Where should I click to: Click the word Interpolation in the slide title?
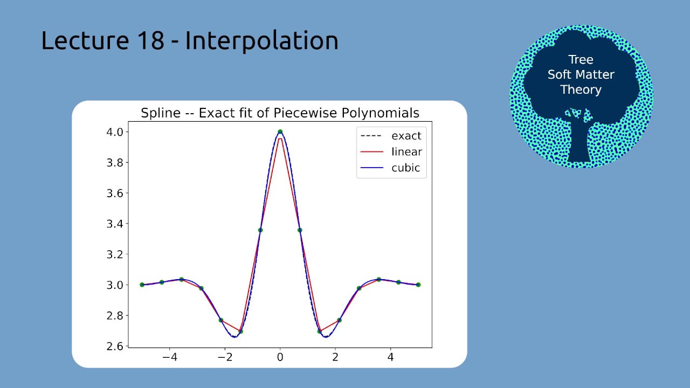coord(261,41)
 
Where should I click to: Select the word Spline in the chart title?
coord(161,113)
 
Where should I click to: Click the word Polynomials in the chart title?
coord(381,113)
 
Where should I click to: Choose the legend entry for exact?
coord(391,136)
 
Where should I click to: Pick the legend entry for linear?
coord(391,152)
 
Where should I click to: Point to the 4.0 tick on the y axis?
coord(115,132)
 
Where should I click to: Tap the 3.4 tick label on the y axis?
coord(115,224)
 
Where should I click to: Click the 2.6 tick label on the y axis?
coord(115,347)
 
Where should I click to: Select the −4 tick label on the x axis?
coord(170,357)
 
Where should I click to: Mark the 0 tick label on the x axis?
coord(280,357)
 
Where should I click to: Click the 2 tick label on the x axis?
coord(335,357)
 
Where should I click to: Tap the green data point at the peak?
coord(280,132)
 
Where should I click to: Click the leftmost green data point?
coord(142,285)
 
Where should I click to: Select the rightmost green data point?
coord(418,285)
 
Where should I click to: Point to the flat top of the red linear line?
coord(280,139)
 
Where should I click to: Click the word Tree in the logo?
coord(581,59)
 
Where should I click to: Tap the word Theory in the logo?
coord(581,90)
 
